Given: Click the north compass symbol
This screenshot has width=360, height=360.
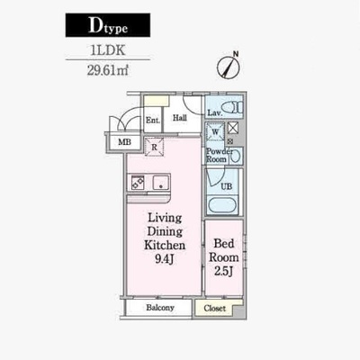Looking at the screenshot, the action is (x=229, y=67).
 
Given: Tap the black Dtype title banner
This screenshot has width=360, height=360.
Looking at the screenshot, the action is (x=108, y=25).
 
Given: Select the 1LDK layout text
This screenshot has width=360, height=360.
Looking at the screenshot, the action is (x=108, y=50).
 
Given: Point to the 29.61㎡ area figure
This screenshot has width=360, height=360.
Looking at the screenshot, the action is (x=108, y=70).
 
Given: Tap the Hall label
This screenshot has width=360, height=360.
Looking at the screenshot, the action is (x=180, y=118).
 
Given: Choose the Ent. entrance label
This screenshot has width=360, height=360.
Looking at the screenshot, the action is (x=153, y=121).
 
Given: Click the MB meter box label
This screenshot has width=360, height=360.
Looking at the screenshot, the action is (x=124, y=142).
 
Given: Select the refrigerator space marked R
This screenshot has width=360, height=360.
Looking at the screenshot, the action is (x=154, y=147).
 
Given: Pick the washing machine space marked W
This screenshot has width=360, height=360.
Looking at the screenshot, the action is (x=215, y=131).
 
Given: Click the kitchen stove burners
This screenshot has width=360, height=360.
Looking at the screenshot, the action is (x=138, y=183).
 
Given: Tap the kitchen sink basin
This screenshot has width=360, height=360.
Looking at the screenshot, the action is (x=161, y=183).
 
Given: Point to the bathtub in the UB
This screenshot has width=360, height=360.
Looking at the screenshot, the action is (x=222, y=205).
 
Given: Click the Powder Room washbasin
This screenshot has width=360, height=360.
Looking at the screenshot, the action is (x=236, y=156).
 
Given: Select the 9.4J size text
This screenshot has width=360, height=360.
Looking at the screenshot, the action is (x=165, y=259).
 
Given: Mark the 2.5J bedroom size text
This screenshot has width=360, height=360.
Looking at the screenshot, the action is (x=224, y=271).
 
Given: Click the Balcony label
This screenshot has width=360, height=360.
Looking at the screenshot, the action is (x=160, y=308).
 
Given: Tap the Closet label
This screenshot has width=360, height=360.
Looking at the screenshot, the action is (x=215, y=308).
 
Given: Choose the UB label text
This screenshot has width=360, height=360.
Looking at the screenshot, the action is (x=227, y=186).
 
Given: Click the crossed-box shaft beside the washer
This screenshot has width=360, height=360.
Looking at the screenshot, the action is (x=233, y=128).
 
